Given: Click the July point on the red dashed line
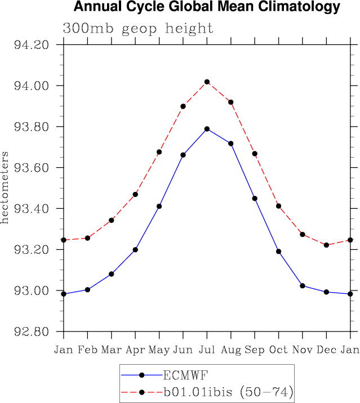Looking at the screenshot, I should (x=207, y=82).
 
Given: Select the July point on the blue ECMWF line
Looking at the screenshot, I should (x=207, y=129).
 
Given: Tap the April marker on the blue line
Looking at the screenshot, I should (x=135, y=249).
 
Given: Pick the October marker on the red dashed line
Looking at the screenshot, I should (x=278, y=206).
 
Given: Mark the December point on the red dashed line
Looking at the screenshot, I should (x=326, y=245).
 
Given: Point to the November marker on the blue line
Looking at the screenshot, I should (x=303, y=286).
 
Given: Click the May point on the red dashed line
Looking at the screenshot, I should (x=159, y=152).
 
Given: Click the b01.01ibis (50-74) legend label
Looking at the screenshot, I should (x=228, y=391).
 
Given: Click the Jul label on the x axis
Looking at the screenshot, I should (x=207, y=350).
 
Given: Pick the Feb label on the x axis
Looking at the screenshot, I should (x=87, y=350).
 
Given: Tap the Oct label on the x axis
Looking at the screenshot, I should (x=278, y=350).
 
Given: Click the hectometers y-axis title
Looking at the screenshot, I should (x=5, y=187).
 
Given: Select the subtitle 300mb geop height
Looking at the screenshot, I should (x=138, y=28).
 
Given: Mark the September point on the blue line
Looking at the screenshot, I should (x=255, y=198).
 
